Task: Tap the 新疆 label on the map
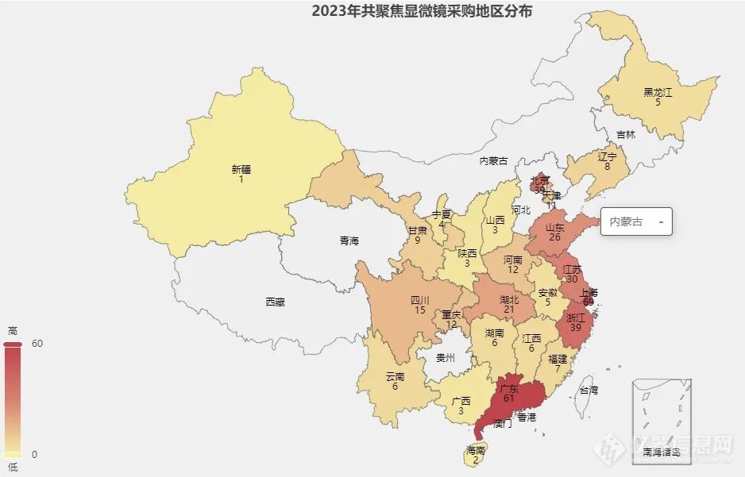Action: [241, 169]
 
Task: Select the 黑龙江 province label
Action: [658, 93]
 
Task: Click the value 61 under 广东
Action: [509, 398]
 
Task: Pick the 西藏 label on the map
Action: [275, 302]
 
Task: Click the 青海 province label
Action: [349, 240]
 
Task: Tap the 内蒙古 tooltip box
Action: [636, 222]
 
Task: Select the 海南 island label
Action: [476, 451]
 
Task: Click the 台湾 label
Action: [588, 390]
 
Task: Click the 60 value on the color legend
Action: [37, 344]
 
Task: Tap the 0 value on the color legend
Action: [35, 454]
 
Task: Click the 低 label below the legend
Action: [12, 467]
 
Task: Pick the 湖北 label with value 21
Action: [508, 300]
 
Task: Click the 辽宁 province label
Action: [607, 157]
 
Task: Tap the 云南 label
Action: [395, 377]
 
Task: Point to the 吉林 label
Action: [626, 135]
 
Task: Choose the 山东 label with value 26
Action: [554, 227]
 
